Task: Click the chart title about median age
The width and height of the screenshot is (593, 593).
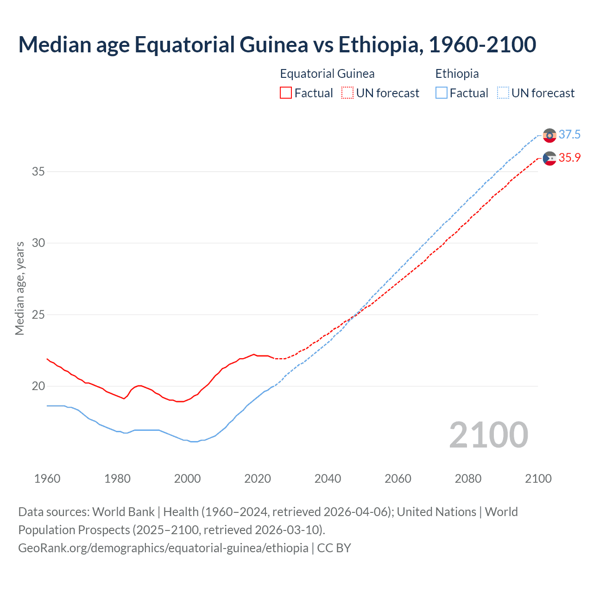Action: point(277,45)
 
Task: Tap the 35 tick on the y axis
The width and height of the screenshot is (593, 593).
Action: point(38,171)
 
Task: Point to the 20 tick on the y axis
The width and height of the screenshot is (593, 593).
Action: point(38,386)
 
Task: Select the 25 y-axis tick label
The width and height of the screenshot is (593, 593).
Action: point(38,315)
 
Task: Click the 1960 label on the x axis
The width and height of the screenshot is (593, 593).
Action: point(47,479)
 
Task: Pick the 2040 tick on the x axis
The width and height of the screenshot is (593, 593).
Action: point(328,479)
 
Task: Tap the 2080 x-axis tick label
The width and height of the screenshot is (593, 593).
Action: point(468,479)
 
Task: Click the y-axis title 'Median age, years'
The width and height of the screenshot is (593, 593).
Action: point(19,288)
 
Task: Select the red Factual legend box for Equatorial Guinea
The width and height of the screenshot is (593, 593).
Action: point(286,93)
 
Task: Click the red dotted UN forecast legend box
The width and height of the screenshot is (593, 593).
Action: point(347,93)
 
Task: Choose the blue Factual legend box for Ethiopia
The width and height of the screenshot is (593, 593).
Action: point(442,93)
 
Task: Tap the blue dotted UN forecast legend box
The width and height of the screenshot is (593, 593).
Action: point(503,93)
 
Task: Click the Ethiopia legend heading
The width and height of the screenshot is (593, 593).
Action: point(457,74)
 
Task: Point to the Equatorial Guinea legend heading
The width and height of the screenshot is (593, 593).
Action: point(327,74)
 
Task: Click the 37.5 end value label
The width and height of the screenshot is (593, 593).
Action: point(569,134)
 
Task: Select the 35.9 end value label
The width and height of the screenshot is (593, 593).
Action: point(569,158)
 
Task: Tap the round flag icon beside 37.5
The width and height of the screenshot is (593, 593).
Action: point(549,135)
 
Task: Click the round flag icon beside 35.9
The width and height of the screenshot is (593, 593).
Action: point(549,158)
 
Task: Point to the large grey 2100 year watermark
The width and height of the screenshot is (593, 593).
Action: point(488,435)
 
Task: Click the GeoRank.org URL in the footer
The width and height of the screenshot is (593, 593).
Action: point(163,548)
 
